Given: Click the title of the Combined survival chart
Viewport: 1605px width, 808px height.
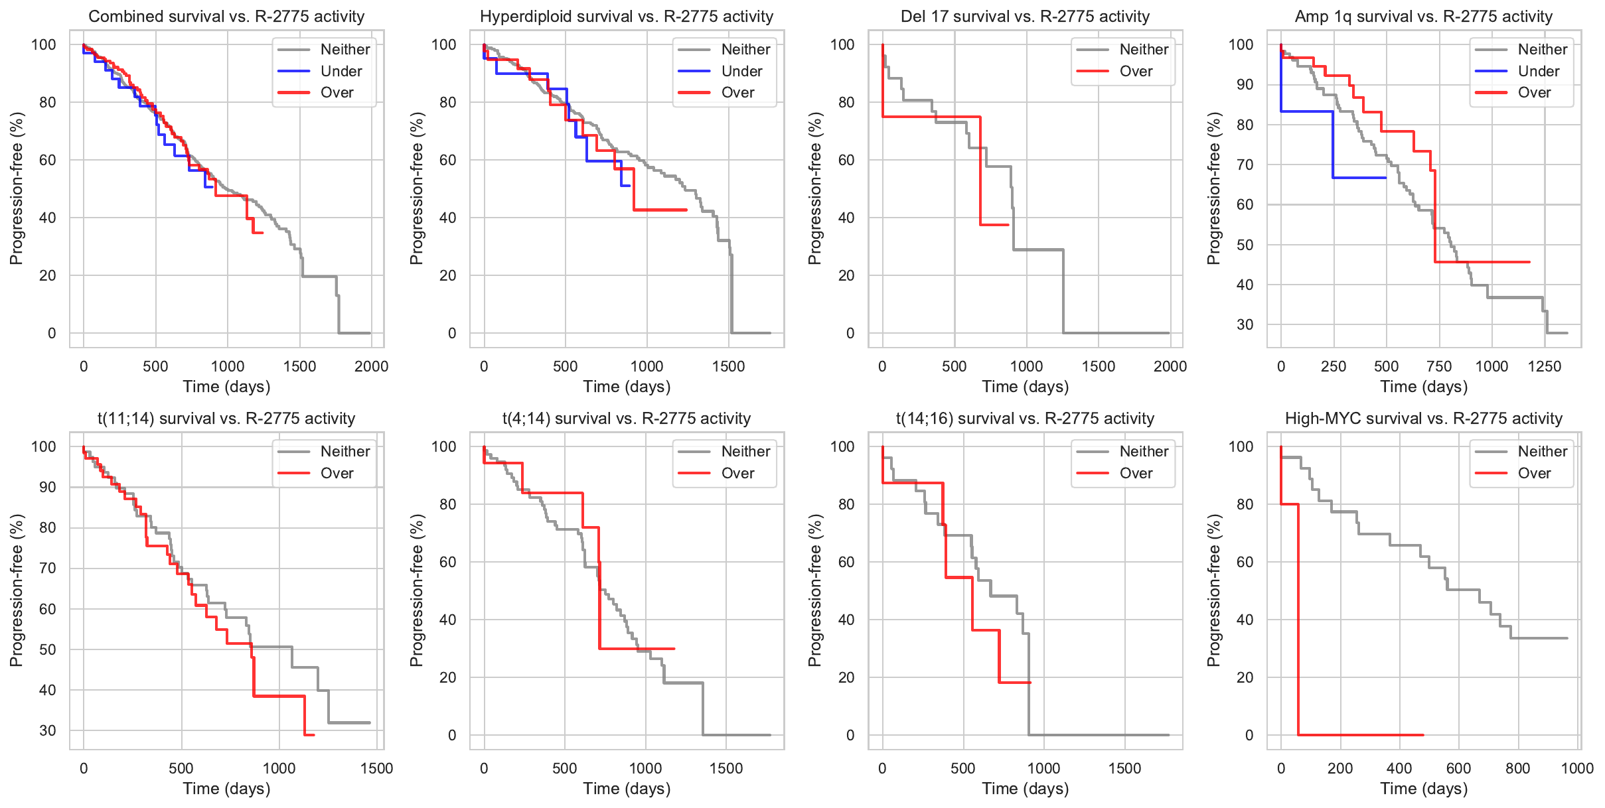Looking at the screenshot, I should point(226,17).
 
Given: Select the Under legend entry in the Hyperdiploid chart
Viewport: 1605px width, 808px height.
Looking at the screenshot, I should point(741,71).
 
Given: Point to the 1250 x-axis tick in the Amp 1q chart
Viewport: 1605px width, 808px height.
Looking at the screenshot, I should point(1544,366).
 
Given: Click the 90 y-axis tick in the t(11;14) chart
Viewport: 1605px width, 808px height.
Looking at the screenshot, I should point(48,487).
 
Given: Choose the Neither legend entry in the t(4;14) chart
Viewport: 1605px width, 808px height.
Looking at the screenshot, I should point(745,452).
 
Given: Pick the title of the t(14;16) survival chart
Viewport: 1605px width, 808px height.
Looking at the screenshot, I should point(1025,419).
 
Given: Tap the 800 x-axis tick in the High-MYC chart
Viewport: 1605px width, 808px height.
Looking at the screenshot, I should point(1517,768).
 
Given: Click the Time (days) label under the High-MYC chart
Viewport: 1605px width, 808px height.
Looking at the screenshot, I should point(1424,789).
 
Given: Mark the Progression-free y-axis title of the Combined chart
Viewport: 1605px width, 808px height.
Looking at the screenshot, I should point(17,188).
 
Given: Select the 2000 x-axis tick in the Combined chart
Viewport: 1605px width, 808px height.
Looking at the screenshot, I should point(371,366).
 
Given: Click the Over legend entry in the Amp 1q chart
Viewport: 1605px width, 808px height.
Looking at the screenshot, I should point(1534,93).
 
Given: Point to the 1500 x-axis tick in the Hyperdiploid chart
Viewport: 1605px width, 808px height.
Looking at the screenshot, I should point(728,366).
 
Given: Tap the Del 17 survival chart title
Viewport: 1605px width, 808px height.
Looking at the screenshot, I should point(1025,17).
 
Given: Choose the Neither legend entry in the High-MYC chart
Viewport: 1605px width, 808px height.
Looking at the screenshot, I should point(1542,452).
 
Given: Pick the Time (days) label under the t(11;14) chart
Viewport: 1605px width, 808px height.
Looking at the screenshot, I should point(226,789).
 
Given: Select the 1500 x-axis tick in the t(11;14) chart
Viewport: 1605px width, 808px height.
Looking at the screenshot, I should point(376,768).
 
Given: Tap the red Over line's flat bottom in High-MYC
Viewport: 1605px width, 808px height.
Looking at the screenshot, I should point(1361,735).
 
